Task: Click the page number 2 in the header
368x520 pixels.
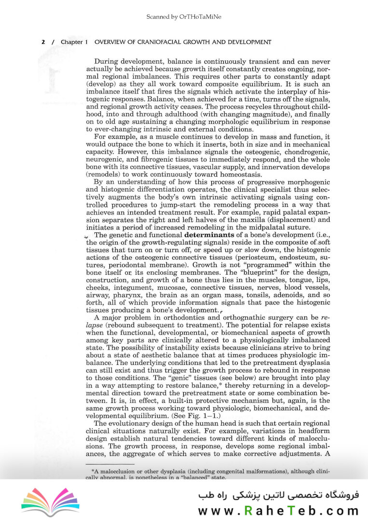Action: coord(43,42)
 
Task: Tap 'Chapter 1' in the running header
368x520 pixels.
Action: coord(74,42)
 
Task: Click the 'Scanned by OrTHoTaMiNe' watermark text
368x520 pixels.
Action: coord(184,17)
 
